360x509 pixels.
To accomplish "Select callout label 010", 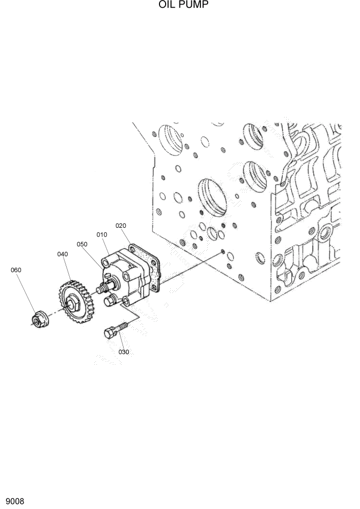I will click(102, 234).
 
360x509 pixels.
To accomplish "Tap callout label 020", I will click(121, 225).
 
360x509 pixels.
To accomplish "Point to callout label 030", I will click(124, 352).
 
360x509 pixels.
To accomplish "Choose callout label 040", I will click(63, 254).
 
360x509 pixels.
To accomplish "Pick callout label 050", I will click(82, 244).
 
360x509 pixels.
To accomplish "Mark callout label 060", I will click(16, 270).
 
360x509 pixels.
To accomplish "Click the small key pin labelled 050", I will click(108, 277).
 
